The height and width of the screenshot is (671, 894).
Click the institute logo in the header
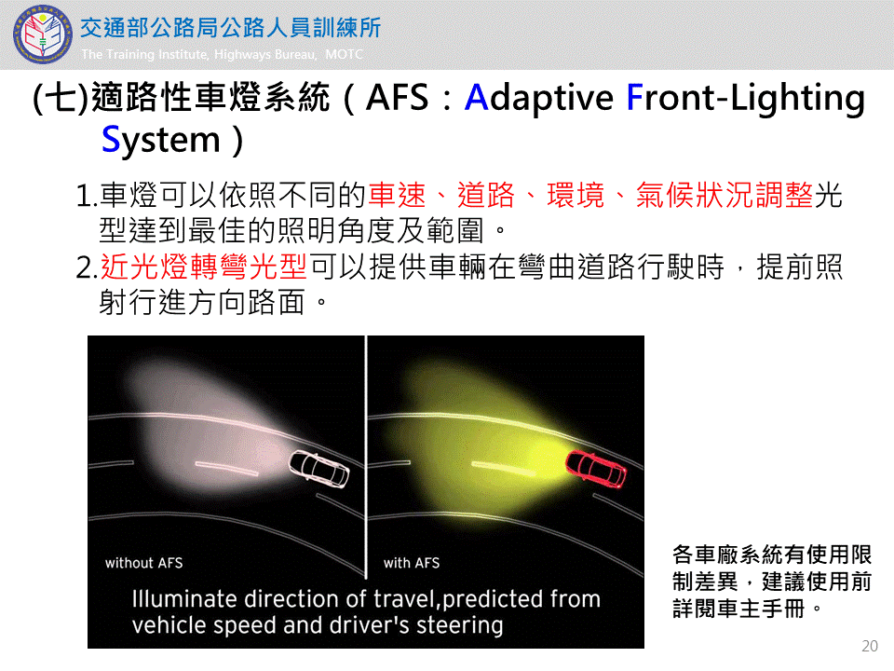click(x=43, y=35)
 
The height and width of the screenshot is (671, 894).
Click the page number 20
click(x=870, y=646)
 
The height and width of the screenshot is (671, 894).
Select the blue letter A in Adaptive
click(x=477, y=98)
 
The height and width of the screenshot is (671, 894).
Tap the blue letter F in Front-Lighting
click(x=634, y=98)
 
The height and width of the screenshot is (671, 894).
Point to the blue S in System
click(x=110, y=140)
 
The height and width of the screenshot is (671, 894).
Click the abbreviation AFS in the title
click(x=397, y=98)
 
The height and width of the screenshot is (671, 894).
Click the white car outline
click(x=318, y=470)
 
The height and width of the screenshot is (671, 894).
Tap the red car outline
click(x=596, y=469)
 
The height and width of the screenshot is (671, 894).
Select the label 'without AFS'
click(x=143, y=563)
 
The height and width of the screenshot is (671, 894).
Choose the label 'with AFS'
click(x=411, y=563)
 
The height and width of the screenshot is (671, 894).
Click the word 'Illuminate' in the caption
click(x=184, y=599)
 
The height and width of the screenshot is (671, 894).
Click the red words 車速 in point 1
click(x=397, y=195)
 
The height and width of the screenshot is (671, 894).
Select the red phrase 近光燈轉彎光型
click(x=204, y=267)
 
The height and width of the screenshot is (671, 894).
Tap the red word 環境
click(x=576, y=195)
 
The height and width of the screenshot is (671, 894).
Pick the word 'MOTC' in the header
click(x=344, y=54)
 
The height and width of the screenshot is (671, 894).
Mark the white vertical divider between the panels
click(x=366, y=457)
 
